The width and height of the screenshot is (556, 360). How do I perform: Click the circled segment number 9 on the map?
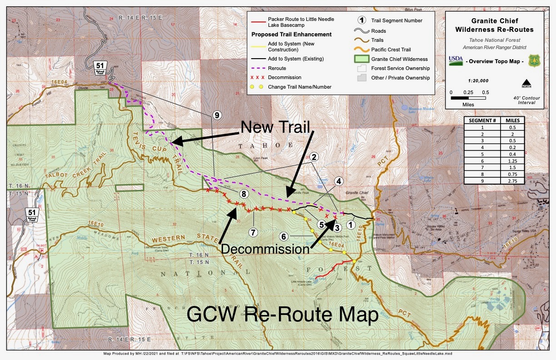217,115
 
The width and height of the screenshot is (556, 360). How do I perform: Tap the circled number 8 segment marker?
243,194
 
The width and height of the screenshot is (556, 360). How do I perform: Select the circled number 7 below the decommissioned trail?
253,232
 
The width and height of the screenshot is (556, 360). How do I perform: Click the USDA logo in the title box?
456,60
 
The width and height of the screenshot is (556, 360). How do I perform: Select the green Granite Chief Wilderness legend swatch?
362,59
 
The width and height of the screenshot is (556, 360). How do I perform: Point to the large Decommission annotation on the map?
265,249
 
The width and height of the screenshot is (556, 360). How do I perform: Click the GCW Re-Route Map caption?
283,315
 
